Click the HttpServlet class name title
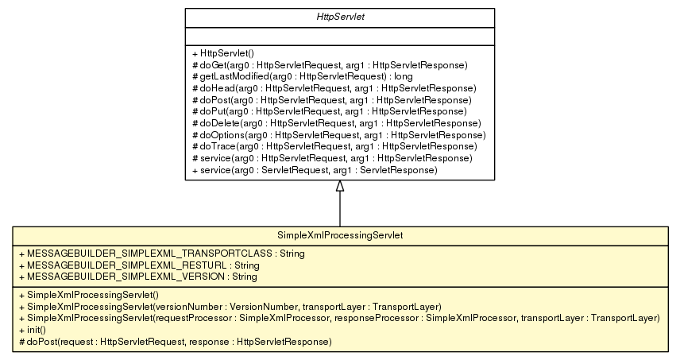339,17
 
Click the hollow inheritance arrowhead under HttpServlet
340,186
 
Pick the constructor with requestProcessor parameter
338,318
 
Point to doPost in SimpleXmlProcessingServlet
172,342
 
